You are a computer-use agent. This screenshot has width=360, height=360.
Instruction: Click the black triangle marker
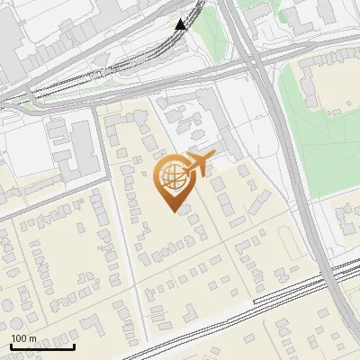[181, 23]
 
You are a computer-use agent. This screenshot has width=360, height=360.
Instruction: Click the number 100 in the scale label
[19, 338]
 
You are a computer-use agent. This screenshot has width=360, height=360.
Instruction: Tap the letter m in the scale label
[32, 338]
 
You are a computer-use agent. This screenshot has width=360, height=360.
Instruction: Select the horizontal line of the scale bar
[42, 346]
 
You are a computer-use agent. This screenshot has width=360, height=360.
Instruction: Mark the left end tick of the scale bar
[11, 345]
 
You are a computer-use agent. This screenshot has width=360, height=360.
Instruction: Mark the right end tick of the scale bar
[74, 345]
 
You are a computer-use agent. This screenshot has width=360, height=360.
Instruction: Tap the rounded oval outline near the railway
[287, 243]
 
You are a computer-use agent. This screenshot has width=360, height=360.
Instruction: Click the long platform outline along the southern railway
[288, 288]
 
